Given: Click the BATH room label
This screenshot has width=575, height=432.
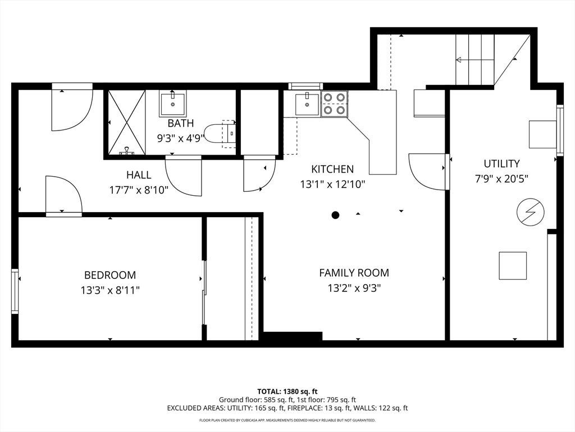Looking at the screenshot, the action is pyautogui.click(x=180, y=123).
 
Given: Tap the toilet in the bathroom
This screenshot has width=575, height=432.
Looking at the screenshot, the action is pyautogui.click(x=220, y=134).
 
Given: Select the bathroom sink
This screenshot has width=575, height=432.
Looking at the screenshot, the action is pyautogui.click(x=172, y=103).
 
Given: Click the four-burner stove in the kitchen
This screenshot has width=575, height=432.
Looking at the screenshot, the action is pyautogui.click(x=335, y=103).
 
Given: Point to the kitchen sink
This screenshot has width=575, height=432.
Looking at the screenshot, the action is pyautogui.click(x=307, y=104).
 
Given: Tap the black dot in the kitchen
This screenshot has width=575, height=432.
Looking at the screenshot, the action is pyautogui.click(x=335, y=215).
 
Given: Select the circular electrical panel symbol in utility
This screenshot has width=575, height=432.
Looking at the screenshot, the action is pyautogui.click(x=530, y=212).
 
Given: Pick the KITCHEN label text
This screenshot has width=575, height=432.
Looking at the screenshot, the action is pyautogui.click(x=332, y=169).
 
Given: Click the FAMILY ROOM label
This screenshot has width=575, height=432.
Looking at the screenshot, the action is pyautogui.click(x=354, y=273).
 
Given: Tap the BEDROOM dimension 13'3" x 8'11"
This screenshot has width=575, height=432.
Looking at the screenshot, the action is pyautogui.click(x=111, y=291).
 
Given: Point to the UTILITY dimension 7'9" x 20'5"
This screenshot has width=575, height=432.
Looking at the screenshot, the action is pyautogui.click(x=501, y=179).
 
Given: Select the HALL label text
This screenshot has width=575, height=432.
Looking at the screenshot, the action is pyautogui.click(x=139, y=175).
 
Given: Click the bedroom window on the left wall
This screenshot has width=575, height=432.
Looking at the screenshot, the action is pyautogui.click(x=15, y=291).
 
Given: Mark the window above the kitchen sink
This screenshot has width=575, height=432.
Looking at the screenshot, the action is pyautogui.click(x=305, y=86).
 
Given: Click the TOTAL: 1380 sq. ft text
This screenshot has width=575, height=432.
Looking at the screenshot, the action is pyautogui.click(x=287, y=391).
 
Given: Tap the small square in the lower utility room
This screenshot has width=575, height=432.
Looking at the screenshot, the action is pyautogui.click(x=513, y=265).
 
